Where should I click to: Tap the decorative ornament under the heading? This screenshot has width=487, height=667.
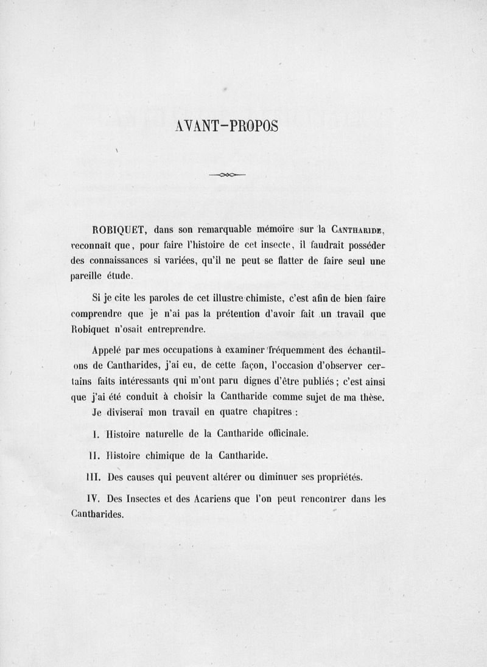click(x=226, y=175)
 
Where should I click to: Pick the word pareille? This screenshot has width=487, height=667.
click(x=88, y=276)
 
